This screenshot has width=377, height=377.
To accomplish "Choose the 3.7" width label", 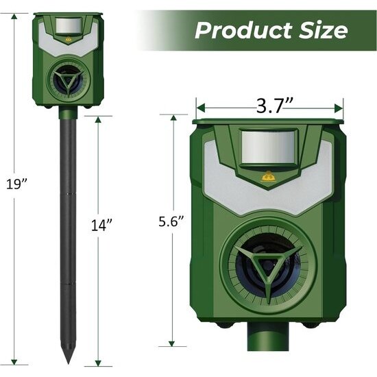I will click(x=269, y=107).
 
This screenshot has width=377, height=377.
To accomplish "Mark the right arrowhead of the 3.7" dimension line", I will click(x=340, y=107).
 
